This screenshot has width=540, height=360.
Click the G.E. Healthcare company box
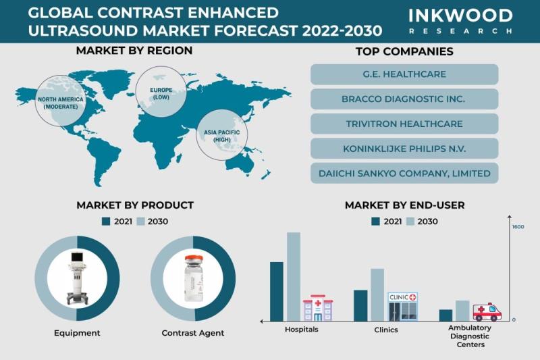[x=404, y=74]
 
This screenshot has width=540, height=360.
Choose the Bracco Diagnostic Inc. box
[x=404, y=99]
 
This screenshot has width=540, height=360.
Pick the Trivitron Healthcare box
[x=404, y=124]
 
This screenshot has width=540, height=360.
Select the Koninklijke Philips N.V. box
[x=404, y=149]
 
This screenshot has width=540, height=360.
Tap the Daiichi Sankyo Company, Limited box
[x=404, y=173]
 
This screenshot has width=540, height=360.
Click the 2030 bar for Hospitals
[x=293, y=276]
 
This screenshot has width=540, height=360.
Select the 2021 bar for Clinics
[x=360, y=305]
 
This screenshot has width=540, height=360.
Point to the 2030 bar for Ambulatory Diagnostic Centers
[x=462, y=311]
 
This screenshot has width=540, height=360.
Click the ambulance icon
[x=487, y=311]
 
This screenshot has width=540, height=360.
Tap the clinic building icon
[x=402, y=307]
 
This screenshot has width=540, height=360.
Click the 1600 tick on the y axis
[x=518, y=227]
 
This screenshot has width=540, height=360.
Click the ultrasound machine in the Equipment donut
[x=77, y=279]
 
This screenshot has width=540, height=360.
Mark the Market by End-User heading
[x=404, y=205]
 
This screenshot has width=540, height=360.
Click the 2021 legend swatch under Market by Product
[x=105, y=222]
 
